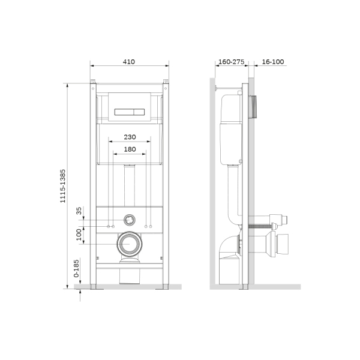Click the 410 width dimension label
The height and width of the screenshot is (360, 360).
128,62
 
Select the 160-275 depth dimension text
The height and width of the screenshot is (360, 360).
231,62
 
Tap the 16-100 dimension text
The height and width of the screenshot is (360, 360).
274,62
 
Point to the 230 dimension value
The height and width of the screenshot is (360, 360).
129,137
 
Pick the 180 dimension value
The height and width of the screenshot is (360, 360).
129,149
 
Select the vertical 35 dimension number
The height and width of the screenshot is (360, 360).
79,211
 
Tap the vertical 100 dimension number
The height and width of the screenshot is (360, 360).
79,234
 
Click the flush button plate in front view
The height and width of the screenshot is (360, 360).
128,111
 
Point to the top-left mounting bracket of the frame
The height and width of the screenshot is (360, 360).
94,82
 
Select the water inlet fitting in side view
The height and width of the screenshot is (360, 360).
277,220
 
